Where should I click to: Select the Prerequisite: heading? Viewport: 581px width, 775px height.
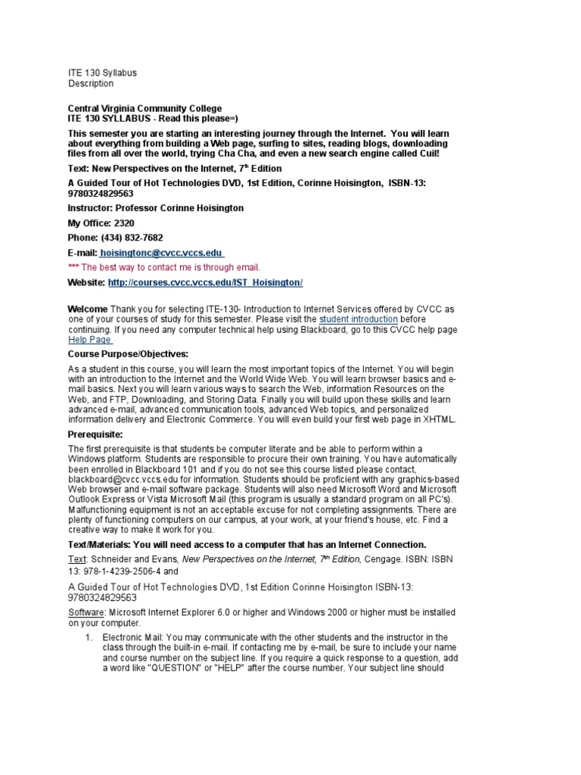[x=95, y=434]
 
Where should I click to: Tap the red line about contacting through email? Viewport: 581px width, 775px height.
[x=163, y=267]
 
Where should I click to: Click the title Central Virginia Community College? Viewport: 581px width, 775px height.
[x=145, y=109]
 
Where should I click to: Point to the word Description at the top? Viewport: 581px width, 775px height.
[x=91, y=84]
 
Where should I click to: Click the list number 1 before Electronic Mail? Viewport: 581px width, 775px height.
[x=89, y=637]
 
